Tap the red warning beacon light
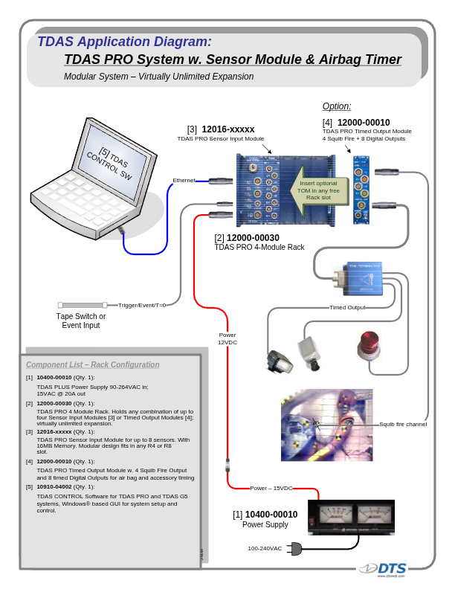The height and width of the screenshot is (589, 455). click(370, 345)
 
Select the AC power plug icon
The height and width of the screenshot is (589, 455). click(294, 549)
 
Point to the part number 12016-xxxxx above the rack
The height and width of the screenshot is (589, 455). click(228, 129)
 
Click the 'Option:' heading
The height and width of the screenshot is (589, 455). click(336, 106)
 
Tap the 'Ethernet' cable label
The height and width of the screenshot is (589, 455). click(184, 181)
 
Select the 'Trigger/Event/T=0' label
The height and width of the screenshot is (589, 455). click(142, 305)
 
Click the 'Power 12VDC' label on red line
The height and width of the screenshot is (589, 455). click(227, 338)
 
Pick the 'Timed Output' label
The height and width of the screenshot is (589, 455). click(347, 307)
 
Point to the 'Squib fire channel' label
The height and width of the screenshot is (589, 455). click(403, 424)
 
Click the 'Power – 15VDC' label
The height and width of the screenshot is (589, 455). click(271, 488)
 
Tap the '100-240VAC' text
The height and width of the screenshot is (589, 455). click(265, 549)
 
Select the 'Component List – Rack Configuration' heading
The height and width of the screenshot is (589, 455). click(92, 364)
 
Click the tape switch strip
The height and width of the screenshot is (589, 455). click(83, 305)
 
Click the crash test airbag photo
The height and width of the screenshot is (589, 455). click(326, 425)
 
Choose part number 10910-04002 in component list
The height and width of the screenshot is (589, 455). click(54, 486)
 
